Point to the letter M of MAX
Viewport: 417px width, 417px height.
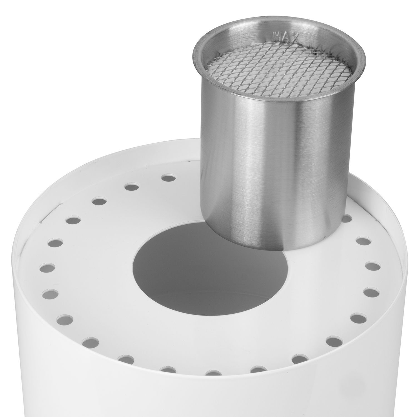[276, 35]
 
